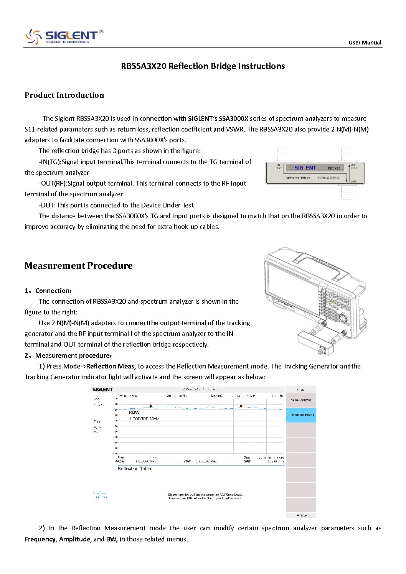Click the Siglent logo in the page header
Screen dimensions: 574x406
coord(64,37)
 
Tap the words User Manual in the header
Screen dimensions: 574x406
coord(365,43)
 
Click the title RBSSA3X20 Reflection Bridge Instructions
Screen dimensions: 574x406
coord(203,66)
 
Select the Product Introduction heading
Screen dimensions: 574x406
coord(64,95)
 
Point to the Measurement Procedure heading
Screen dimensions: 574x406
coord(78,266)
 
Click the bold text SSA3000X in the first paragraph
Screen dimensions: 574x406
coord(233,118)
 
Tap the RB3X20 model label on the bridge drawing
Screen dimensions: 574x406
coord(334,168)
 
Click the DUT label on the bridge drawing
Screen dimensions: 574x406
coord(353,181)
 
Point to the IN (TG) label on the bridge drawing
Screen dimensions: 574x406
coord(279,166)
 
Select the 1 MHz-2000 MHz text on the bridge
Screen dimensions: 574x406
coord(328,178)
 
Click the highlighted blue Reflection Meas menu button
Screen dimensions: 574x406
coord(300,415)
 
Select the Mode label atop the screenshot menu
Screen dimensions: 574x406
coord(300,390)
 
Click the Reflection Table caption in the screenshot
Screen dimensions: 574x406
coord(134,469)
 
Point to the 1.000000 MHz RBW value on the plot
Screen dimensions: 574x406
coord(144,419)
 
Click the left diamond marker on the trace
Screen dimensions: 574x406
coord(151,406)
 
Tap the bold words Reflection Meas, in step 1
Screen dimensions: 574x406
coord(111,366)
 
